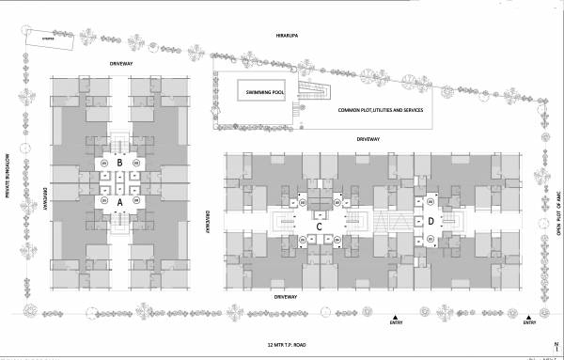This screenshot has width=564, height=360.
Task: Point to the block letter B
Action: point(120,162)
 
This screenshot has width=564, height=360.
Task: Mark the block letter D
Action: point(431,222)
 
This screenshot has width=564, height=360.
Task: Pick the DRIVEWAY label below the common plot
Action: point(368,138)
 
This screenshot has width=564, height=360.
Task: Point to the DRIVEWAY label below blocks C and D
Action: point(286,296)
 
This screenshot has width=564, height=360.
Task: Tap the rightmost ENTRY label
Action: point(529,323)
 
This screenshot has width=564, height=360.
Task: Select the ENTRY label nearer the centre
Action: point(396,323)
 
